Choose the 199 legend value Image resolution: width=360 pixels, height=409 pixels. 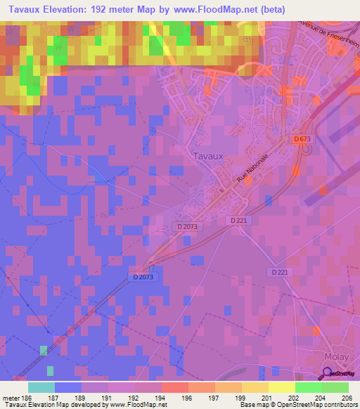[241, 398]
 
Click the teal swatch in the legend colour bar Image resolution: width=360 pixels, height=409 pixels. [41, 387]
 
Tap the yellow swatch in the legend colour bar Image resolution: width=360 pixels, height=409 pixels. [282, 387]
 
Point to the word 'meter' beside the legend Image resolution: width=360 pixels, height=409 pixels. [9, 398]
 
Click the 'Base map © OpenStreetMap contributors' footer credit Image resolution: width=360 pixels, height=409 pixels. [299, 405]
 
